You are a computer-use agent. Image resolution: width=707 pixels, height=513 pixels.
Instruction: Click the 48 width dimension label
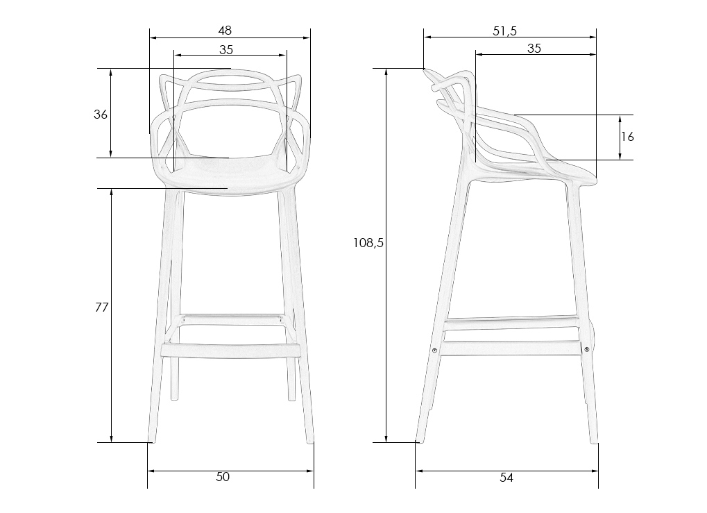click(x=225, y=30)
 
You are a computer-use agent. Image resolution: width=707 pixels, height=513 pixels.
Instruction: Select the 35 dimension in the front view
click(x=226, y=49)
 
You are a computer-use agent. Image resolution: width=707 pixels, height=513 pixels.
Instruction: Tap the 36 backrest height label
click(x=101, y=115)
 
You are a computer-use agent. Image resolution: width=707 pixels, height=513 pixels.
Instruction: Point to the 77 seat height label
click(x=101, y=308)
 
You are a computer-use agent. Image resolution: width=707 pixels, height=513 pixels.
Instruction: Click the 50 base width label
click(x=223, y=476)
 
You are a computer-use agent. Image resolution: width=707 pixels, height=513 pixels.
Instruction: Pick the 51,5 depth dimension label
click(x=505, y=30)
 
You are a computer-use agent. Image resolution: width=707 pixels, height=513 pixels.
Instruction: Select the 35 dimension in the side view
click(x=534, y=48)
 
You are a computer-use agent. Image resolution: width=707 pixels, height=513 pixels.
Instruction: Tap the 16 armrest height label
click(x=627, y=137)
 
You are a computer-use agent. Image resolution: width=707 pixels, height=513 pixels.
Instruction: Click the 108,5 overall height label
click(x=368, y=243)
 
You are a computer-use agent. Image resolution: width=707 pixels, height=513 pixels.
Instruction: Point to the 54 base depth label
click(x=506, y=477)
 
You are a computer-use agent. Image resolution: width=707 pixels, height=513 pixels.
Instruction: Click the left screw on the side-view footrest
click(x=434, y=351)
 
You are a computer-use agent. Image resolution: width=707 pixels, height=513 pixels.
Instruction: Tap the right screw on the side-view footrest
click(x=587, y=349)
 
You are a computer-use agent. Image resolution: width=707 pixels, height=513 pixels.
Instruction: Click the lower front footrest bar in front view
click(x=230, y=348)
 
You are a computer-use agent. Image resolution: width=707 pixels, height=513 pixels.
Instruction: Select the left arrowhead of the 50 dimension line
click(x=151, y=471)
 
